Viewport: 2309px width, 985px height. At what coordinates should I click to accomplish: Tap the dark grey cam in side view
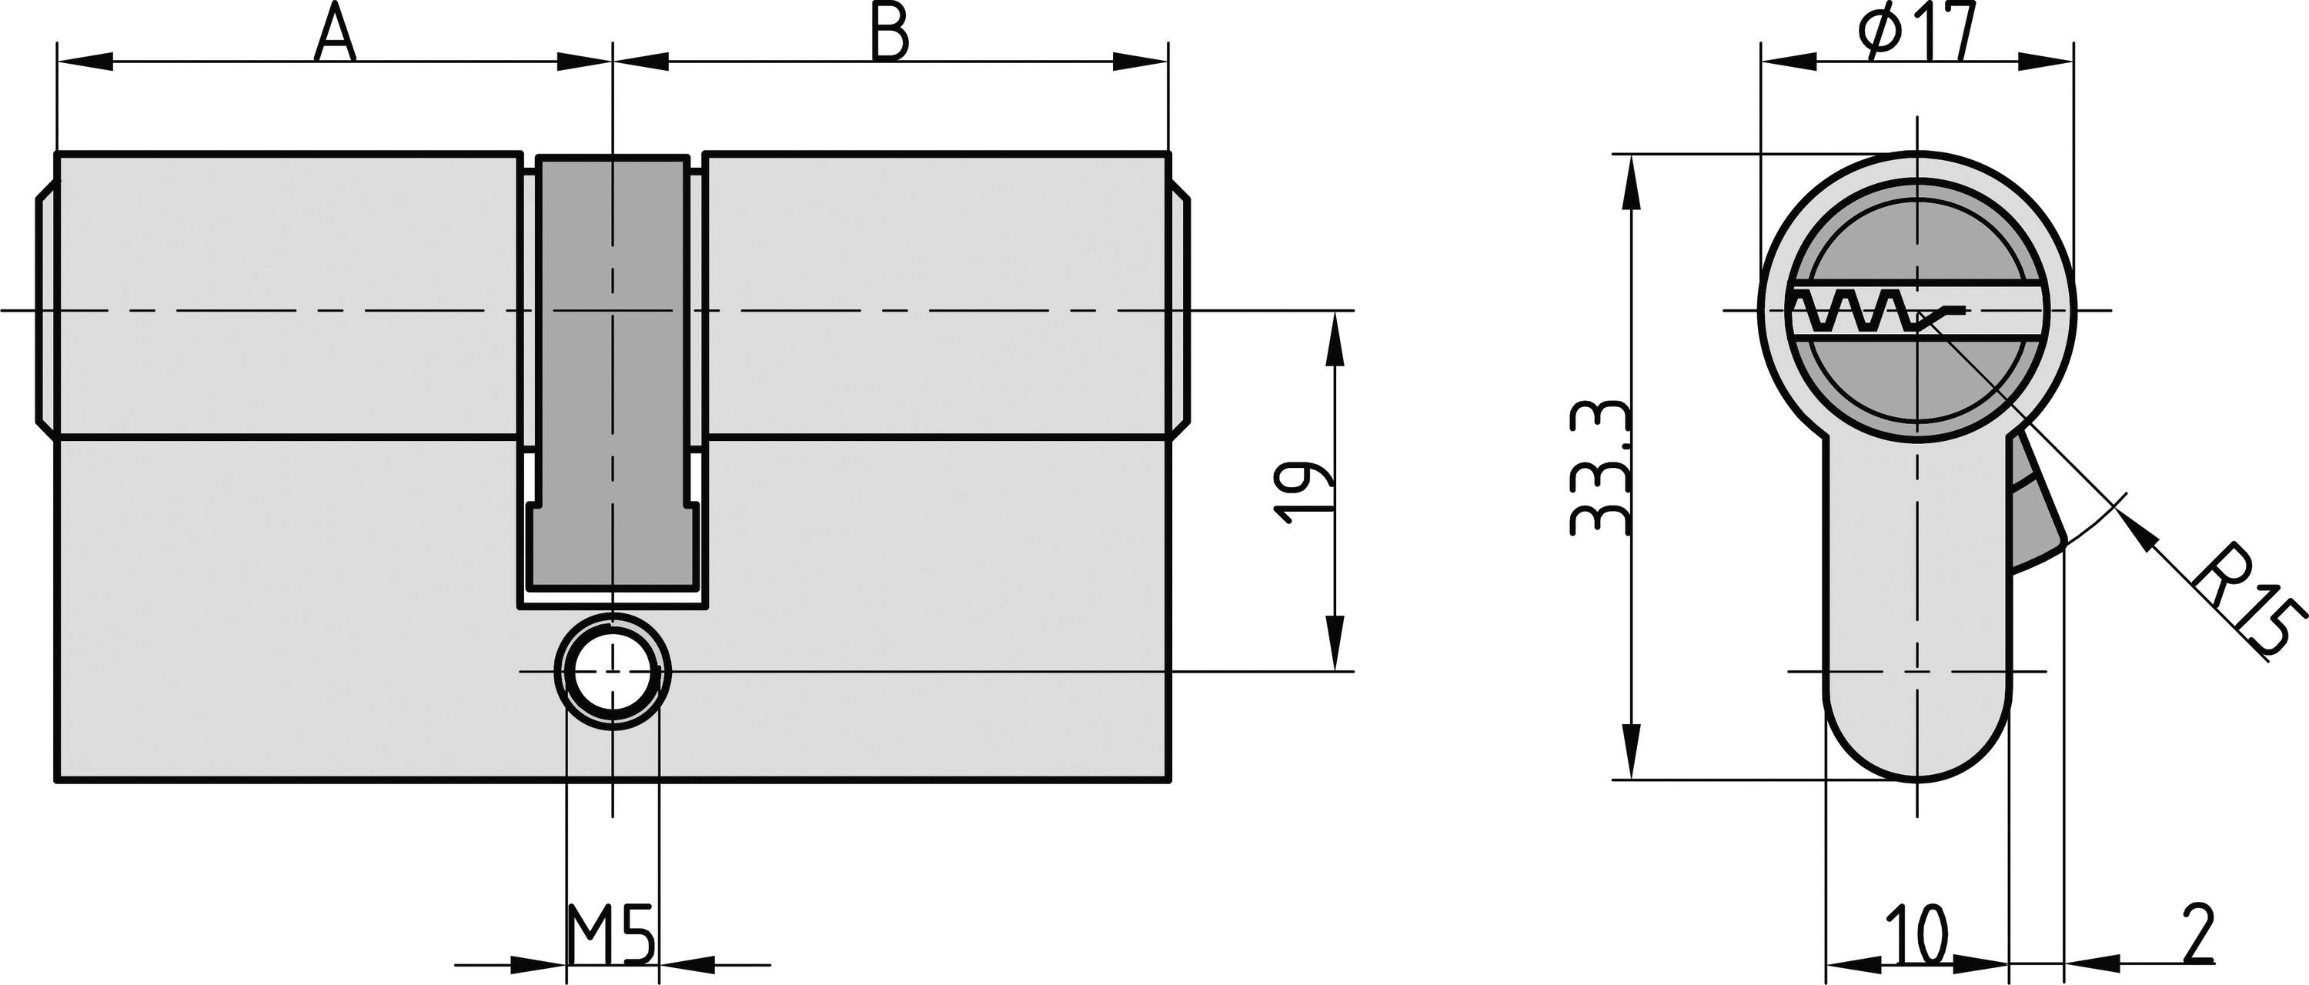pos(612,359)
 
